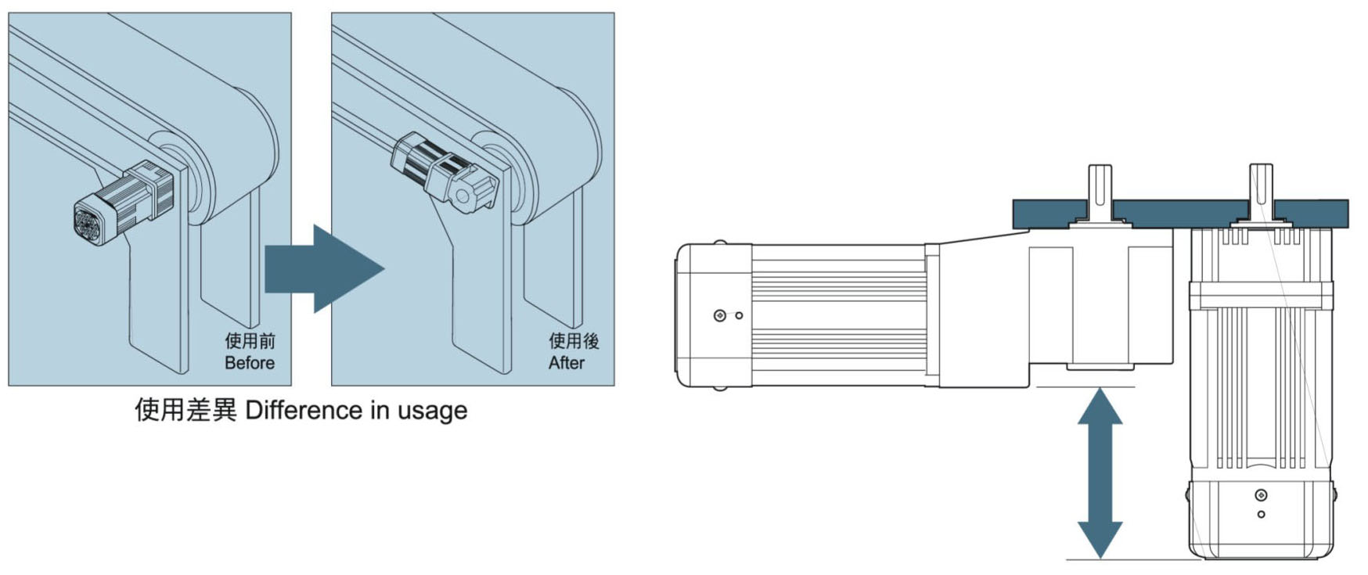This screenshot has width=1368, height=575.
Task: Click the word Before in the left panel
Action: click(x=249, y=363)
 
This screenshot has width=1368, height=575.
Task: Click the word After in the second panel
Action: click(x=566, y=363)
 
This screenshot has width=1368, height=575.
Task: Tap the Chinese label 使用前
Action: click(x=250, y=341)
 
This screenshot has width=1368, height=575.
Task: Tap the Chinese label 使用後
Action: click(x=573, y=341)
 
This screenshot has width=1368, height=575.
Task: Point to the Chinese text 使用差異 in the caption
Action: click(x=185, y=410)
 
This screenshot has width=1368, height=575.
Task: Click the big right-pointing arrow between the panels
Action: click(x=324, y=268)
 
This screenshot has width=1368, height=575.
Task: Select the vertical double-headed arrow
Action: click(x=1100, y=473)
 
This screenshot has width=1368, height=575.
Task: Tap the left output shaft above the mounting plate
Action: click(x=1100, y=188)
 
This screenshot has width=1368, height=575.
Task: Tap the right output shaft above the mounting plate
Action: click(x=1260, y=188)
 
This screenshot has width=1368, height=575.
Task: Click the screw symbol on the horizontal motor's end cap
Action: click(x=720, y=315)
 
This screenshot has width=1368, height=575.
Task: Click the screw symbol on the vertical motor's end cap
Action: click(x=1260, y=495)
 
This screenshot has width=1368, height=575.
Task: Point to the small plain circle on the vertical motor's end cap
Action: click(x=1260, y=514)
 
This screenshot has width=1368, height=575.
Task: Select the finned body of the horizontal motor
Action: click(x=837, y=315)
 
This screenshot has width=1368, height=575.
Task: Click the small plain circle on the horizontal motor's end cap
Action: click(x=739, y=315)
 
